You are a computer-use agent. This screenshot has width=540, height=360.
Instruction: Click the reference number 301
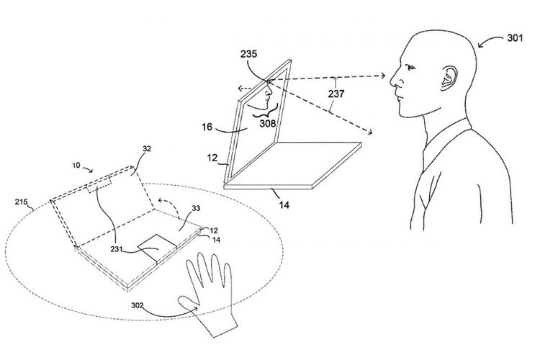[515, 37]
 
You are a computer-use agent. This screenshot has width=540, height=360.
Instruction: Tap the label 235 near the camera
[248, 54]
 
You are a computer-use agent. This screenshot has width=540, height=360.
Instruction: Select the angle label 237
[336, 94]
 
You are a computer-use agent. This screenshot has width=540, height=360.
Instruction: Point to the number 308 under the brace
[268, 123]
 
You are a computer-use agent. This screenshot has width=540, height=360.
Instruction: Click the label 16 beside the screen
[207, 127]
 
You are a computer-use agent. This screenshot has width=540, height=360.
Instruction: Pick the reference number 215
[21, 202]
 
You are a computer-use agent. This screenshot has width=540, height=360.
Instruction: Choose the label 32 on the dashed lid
[147, 149]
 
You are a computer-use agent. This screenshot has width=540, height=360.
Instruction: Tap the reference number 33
[196, 208]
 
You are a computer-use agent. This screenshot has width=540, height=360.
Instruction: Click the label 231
[117, 248]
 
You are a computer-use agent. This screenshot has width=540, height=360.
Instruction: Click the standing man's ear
[449, 78]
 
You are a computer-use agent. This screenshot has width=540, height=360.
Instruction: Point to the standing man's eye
[410, 68]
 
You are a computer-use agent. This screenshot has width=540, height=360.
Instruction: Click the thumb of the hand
[188, 302]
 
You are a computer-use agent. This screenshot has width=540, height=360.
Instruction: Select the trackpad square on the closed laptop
[158, 248]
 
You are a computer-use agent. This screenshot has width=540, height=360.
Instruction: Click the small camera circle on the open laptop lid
[268, 81]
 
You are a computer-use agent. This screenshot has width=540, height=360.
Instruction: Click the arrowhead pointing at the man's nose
[382, 76]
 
